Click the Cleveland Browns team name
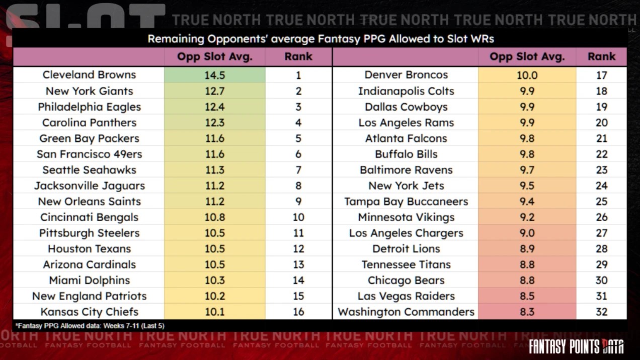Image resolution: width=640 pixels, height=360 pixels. [x=89, y=75]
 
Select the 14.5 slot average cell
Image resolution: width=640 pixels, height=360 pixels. [x=214, y=75]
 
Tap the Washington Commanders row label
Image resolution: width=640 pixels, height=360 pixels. [x=406, y=312]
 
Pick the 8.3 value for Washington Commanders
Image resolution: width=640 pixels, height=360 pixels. [x=527, y=312]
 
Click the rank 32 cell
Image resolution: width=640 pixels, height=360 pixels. [x=601, y=312]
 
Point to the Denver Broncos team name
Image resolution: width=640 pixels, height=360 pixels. [x=406, y=75]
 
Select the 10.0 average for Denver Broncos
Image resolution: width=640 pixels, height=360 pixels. [x=527, y=75]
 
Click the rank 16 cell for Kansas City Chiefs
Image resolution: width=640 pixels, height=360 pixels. [x=298, y=312]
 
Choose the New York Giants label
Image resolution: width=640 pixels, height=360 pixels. [x=89, y=91]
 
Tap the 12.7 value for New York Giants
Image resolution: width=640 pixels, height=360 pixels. [x=214, y=91]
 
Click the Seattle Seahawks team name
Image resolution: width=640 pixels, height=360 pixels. [x=89, y=170]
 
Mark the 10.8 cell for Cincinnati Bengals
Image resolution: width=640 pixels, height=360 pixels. [x=214, y=217]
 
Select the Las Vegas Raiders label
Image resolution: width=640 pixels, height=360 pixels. [x=406, y=296]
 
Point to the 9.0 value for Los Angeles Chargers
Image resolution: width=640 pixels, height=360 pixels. [x=527, y=233]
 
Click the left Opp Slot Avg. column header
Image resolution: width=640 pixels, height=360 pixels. [x=214, y=57]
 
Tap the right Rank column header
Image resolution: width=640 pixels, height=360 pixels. [x=601, y=57]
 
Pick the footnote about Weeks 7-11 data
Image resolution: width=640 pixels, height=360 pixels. [x=90, y=326]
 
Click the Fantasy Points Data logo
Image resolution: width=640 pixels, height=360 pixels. [x=576, y=346]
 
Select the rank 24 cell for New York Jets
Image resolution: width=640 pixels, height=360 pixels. [x=601, y=186]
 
